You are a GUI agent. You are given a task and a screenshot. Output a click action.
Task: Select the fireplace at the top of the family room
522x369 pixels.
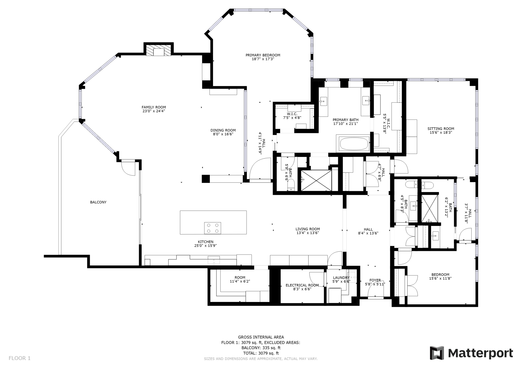159,50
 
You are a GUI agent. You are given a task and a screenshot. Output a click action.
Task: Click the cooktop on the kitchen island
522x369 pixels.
213,228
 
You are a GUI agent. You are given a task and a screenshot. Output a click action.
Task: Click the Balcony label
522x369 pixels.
98,202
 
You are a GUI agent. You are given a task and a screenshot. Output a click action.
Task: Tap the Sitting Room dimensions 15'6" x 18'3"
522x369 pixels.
441,133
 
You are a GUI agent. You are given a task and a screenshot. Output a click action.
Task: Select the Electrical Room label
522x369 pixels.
302,285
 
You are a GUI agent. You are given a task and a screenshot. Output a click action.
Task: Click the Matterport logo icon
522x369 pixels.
437,353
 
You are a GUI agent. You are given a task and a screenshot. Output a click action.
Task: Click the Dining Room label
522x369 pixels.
223,130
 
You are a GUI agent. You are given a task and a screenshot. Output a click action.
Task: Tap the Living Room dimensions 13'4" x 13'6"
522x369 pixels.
308,233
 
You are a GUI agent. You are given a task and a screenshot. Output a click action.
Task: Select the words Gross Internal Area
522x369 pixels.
261,337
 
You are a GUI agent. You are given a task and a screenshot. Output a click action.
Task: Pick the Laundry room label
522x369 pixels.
341,278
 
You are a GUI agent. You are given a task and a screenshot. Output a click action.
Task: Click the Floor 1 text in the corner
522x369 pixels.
20,358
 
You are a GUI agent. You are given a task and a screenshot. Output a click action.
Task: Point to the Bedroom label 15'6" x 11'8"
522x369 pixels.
440,276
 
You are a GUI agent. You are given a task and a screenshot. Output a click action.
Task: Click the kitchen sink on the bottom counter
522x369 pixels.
214,260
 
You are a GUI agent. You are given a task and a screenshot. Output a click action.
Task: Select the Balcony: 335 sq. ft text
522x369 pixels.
261,348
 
